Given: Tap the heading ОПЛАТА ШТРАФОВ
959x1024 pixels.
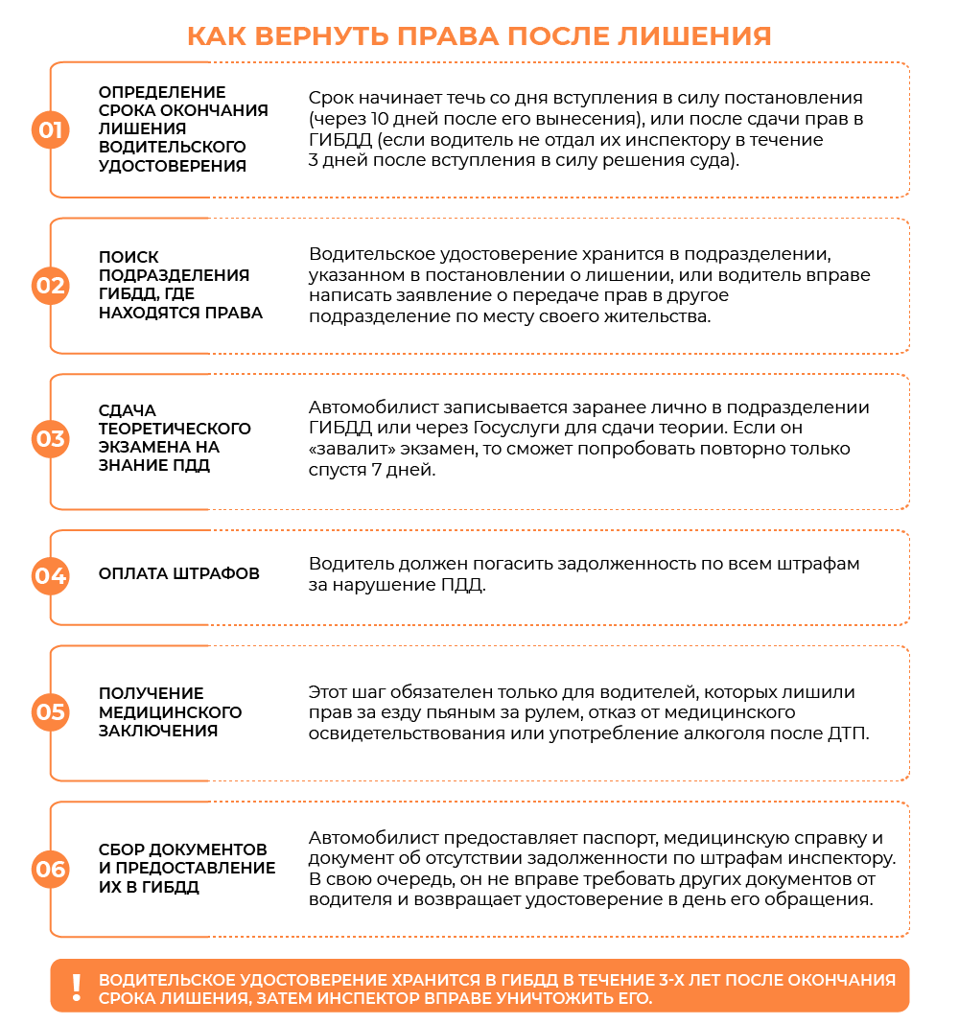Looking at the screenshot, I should click(x=179, y=574).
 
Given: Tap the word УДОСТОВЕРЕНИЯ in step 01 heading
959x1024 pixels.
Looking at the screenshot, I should click(x=173, y=166).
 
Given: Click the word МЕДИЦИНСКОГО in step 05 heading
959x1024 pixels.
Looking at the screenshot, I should click(x=171, y=712).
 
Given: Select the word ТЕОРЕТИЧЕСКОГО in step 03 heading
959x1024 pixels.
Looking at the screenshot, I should click(x=175, y=429).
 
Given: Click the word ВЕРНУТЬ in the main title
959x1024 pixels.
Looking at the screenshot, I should click(x=310, y=35).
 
